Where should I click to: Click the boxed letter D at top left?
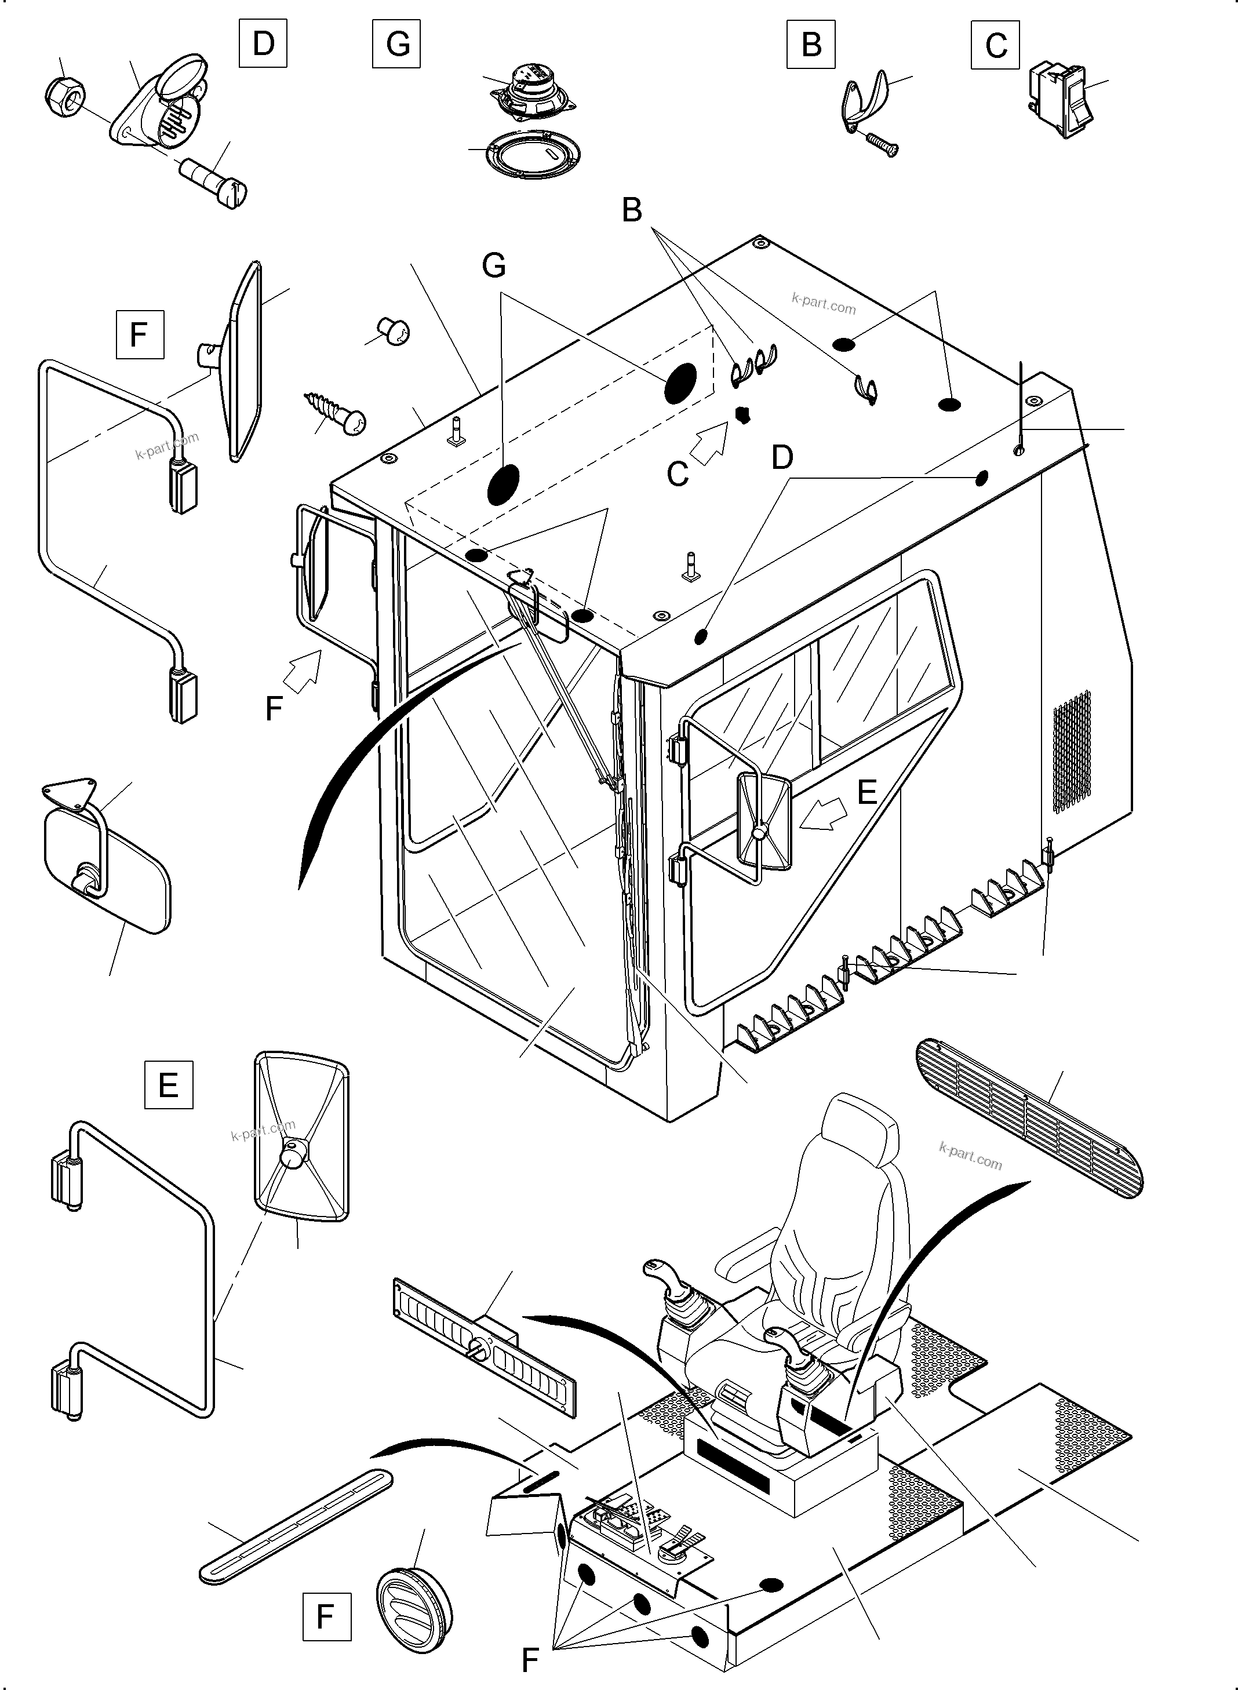pyautogui.click(x=263, y=43)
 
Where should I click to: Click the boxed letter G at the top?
pyautogui.click(x=396, y=43)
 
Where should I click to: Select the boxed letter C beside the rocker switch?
pyautogui.click(x=995, y=45)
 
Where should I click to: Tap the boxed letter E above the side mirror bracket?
pyautogui.click(x=168, y=1084)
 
